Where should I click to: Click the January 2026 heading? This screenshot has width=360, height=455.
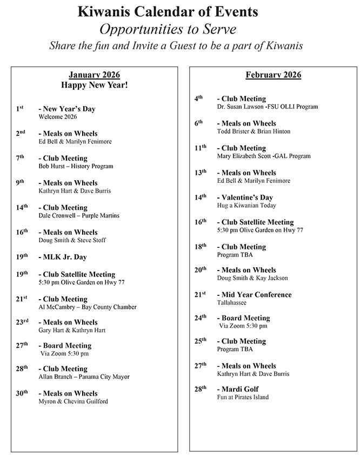tap(95, 75)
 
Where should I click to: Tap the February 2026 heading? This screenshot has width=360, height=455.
tap(273, 75)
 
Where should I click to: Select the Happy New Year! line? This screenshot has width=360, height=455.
tap(95, 85)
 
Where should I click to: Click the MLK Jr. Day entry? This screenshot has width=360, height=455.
tap(62, 257)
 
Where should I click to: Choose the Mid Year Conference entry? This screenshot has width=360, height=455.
tap(254, 295)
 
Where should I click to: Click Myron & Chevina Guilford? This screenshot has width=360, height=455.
tap(73, 401)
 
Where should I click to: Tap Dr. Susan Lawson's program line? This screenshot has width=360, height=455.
tap(267, 107)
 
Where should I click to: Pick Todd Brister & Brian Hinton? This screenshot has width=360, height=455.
tap(254, 131)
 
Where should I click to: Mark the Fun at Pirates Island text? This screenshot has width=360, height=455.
tap(243, 397)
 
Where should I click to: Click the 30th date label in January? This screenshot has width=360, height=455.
tap(22, 393)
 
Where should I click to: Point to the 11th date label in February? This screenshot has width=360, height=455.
tap(200, 147)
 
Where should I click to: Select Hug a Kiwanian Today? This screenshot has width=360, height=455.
tap(246, 206)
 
